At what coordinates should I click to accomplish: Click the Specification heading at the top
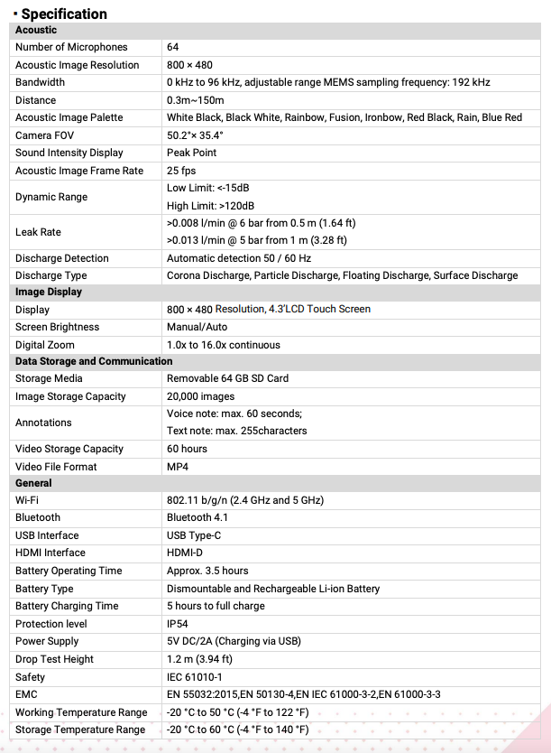tap(63, 14)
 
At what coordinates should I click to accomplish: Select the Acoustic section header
tap(36, 30)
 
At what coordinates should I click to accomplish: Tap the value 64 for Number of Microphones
tap(173, 47)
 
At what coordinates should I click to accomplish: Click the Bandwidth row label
tap(41, 82)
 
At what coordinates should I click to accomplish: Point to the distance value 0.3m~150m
tap(196, 100)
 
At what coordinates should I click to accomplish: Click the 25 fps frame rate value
tap(181, 171)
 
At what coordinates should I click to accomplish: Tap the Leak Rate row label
tap(38, 232)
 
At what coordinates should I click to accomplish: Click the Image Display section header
tap(49, 292)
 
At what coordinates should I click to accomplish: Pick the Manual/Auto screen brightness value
tap(197, 327)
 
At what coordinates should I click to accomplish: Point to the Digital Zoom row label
tap(45, 345)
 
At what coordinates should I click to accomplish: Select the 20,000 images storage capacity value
tap(201, 396)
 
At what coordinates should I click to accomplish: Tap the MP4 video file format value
tap(178, 467)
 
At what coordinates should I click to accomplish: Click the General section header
tap(34, 483)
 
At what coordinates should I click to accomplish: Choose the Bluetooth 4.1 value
tap(197, 517)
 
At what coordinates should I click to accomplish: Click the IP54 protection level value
tap(178, 624)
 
